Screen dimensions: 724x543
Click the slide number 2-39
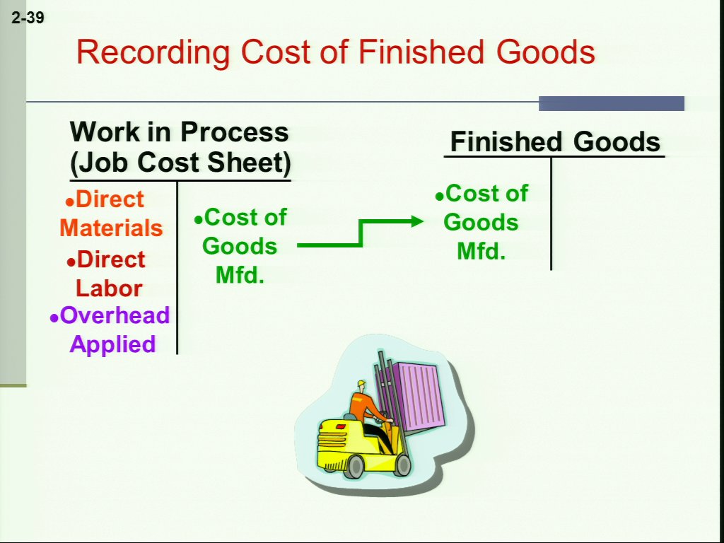(28, 18)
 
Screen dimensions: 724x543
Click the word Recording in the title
(153, 52)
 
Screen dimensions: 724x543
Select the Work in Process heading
(179, 132)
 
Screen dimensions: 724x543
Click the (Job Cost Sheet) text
(180, 163)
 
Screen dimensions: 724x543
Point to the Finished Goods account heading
(555, 141)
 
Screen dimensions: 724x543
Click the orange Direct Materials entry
(111, 214)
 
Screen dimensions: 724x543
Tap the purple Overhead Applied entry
(110, 329)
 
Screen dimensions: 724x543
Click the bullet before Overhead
(54, 318)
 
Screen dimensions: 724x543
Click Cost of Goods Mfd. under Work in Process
(240, 246)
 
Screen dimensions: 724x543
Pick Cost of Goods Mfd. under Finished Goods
(481, 222)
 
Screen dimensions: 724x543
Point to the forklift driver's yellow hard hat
(361, 384)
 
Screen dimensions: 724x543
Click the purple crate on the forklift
(413, 395)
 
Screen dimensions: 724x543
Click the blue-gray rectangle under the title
(612, 103)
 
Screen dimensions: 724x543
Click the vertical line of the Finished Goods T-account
(551, 214)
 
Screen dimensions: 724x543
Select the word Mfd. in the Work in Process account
(240, 275)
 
